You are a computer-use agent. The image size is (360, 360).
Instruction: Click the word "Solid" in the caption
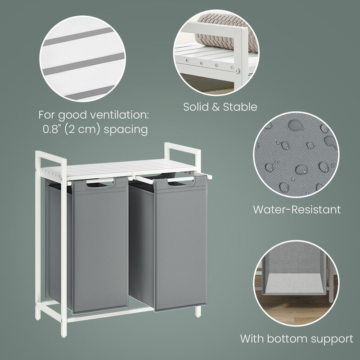click(197, 107)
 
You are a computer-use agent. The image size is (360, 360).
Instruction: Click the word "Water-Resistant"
click(297, 209)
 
